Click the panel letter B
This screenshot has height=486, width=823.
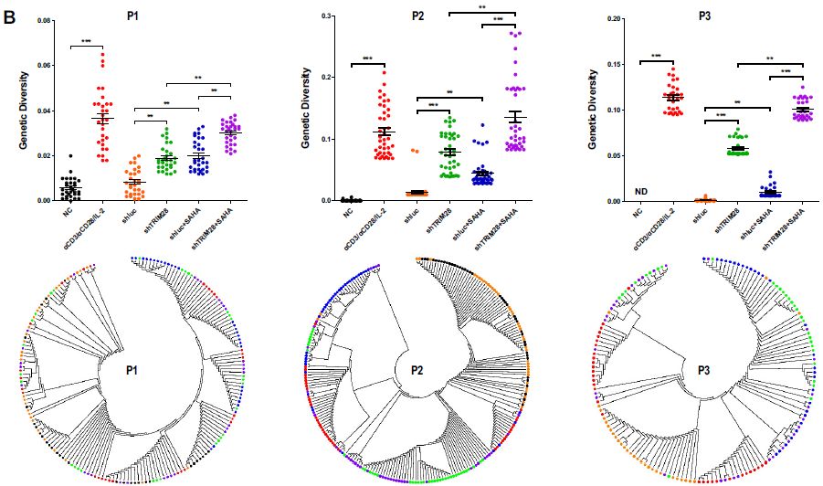(x=10, y=16)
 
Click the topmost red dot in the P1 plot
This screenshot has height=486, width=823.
(x=102, y=55)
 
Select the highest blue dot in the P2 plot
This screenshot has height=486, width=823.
(x=482, y=125)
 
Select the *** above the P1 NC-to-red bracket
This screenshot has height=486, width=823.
(x=86, y=42)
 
